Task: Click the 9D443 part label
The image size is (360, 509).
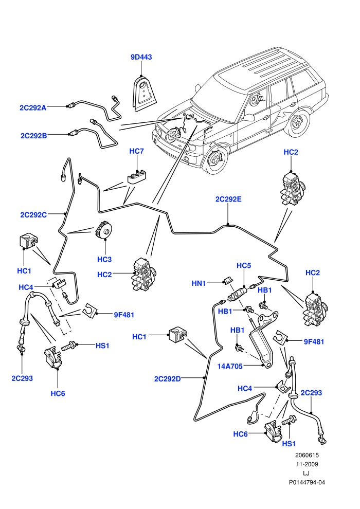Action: click(x=141, y=57)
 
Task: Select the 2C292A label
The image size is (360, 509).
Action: click(x=33, y=108)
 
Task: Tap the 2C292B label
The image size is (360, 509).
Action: click(x=34, y=136)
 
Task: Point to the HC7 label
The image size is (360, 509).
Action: click(x=136, y=151)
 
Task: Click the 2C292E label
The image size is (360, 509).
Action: click(x=228, y=199)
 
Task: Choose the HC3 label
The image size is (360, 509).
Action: click(x=104, y=259)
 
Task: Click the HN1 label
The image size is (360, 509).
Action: click(x=199, y=283)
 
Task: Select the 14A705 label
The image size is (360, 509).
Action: click(x=230, y=366)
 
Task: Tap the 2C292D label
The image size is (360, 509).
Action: click(x=168, y=379)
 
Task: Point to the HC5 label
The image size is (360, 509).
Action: click(x=244, y=265)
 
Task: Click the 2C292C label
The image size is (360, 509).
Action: click(x=33, y=215)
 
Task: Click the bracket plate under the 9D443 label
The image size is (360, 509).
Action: click(x=145, y=94)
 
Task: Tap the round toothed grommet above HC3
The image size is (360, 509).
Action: click(x=103, y=229)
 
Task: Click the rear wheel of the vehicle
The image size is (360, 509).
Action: click(x=298, y=124)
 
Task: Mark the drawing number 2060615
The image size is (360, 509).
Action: click(x=307, y=456)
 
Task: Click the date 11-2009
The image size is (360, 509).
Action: click(x=307, y=464)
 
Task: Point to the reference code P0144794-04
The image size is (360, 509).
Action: click(x=307, y=482)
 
